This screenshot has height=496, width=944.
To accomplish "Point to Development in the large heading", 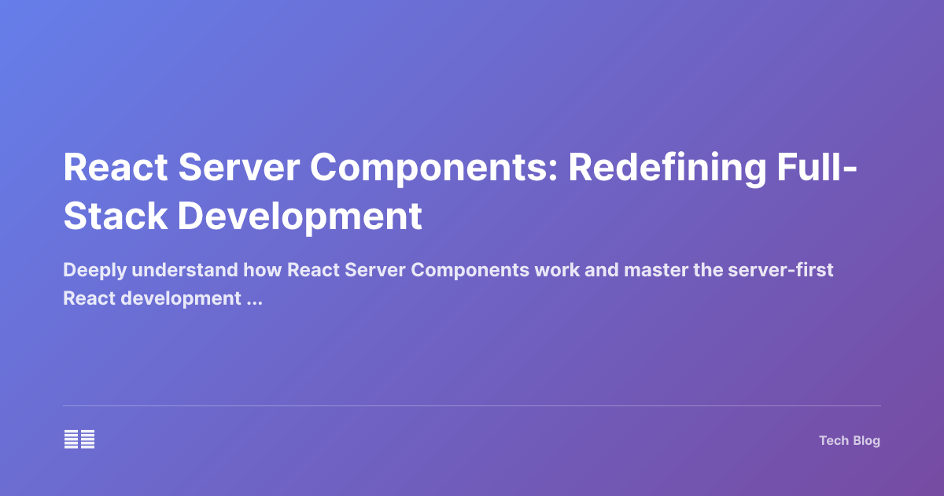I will pyautogui.click(x=300, y=216).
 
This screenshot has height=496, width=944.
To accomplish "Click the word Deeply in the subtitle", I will pyautogui.click(x=94, y=271).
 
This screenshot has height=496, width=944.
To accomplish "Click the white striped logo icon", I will pyautogui.click(x=79, y=439).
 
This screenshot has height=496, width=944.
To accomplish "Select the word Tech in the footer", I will pyautogui.click(x=833, y=441).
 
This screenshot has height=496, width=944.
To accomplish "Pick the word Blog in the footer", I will pyautogui.click(x=866, y=441).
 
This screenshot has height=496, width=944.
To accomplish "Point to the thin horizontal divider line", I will pyautogui.click(x=472, y=406).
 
